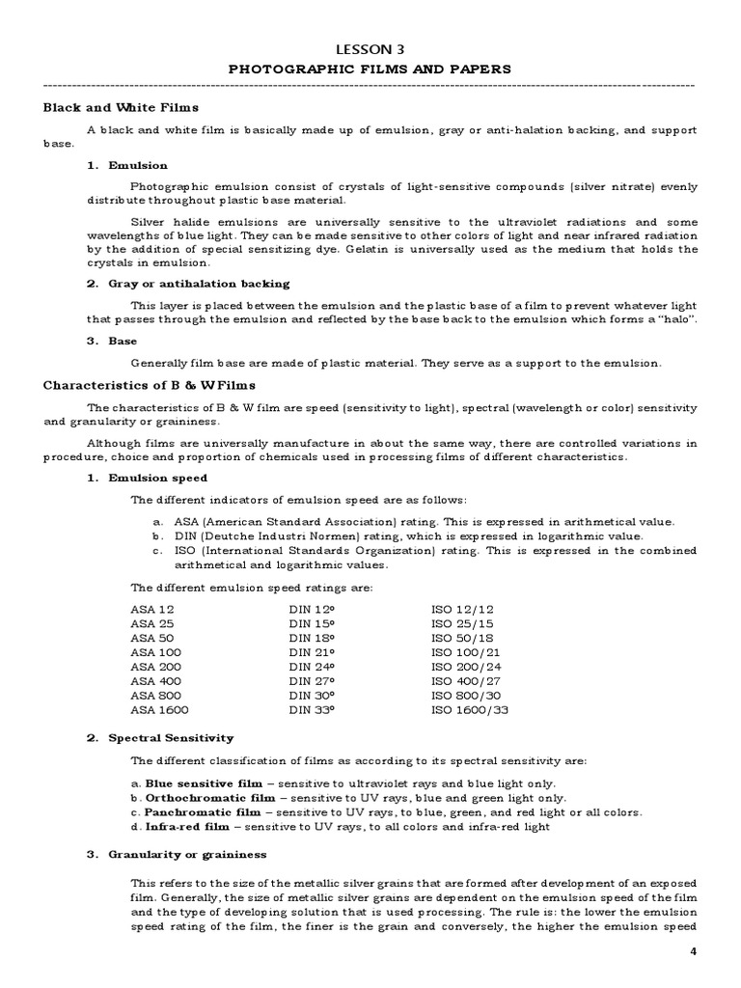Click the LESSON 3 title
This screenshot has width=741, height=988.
370,49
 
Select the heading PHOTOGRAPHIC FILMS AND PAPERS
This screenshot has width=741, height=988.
370,69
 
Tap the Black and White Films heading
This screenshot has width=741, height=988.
121,107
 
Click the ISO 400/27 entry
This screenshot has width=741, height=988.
466,681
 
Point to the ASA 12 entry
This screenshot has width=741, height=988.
152,609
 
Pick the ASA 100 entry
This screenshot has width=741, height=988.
155,652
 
